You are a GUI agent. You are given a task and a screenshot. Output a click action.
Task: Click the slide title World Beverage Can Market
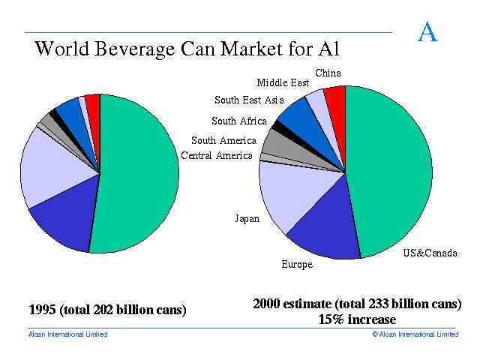(x=187, y=49)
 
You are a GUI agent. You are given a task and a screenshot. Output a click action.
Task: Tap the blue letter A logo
(x=427, y=33)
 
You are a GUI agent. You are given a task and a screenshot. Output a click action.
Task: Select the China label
(x=328, y=73)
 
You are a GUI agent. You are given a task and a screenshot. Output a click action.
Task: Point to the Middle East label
(x=283, y=83)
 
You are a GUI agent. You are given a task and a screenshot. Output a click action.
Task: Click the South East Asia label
(x=249, y=100)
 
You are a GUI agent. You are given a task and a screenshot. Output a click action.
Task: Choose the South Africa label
(x=238, y=121)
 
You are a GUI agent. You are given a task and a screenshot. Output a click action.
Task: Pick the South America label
(x=223, y=140)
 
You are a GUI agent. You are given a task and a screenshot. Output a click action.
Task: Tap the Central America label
(x=217, y=155)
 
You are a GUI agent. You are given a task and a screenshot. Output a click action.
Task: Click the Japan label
(x=247, y=219)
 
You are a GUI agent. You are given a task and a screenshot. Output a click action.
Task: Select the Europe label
(x=297, y=264)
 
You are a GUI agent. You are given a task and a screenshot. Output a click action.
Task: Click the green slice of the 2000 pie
(x=390, y=172)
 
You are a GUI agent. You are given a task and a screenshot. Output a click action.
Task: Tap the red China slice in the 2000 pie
(x=335, y=100)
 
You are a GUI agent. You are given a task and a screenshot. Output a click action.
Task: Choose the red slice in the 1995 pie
(x=93, y=103)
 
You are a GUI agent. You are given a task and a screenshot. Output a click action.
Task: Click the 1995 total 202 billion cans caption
(x=106, y=309)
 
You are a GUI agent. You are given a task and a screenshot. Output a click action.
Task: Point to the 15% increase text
(x=356, y=319)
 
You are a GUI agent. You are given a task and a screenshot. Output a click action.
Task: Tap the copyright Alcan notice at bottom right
(x=415, y=334)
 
